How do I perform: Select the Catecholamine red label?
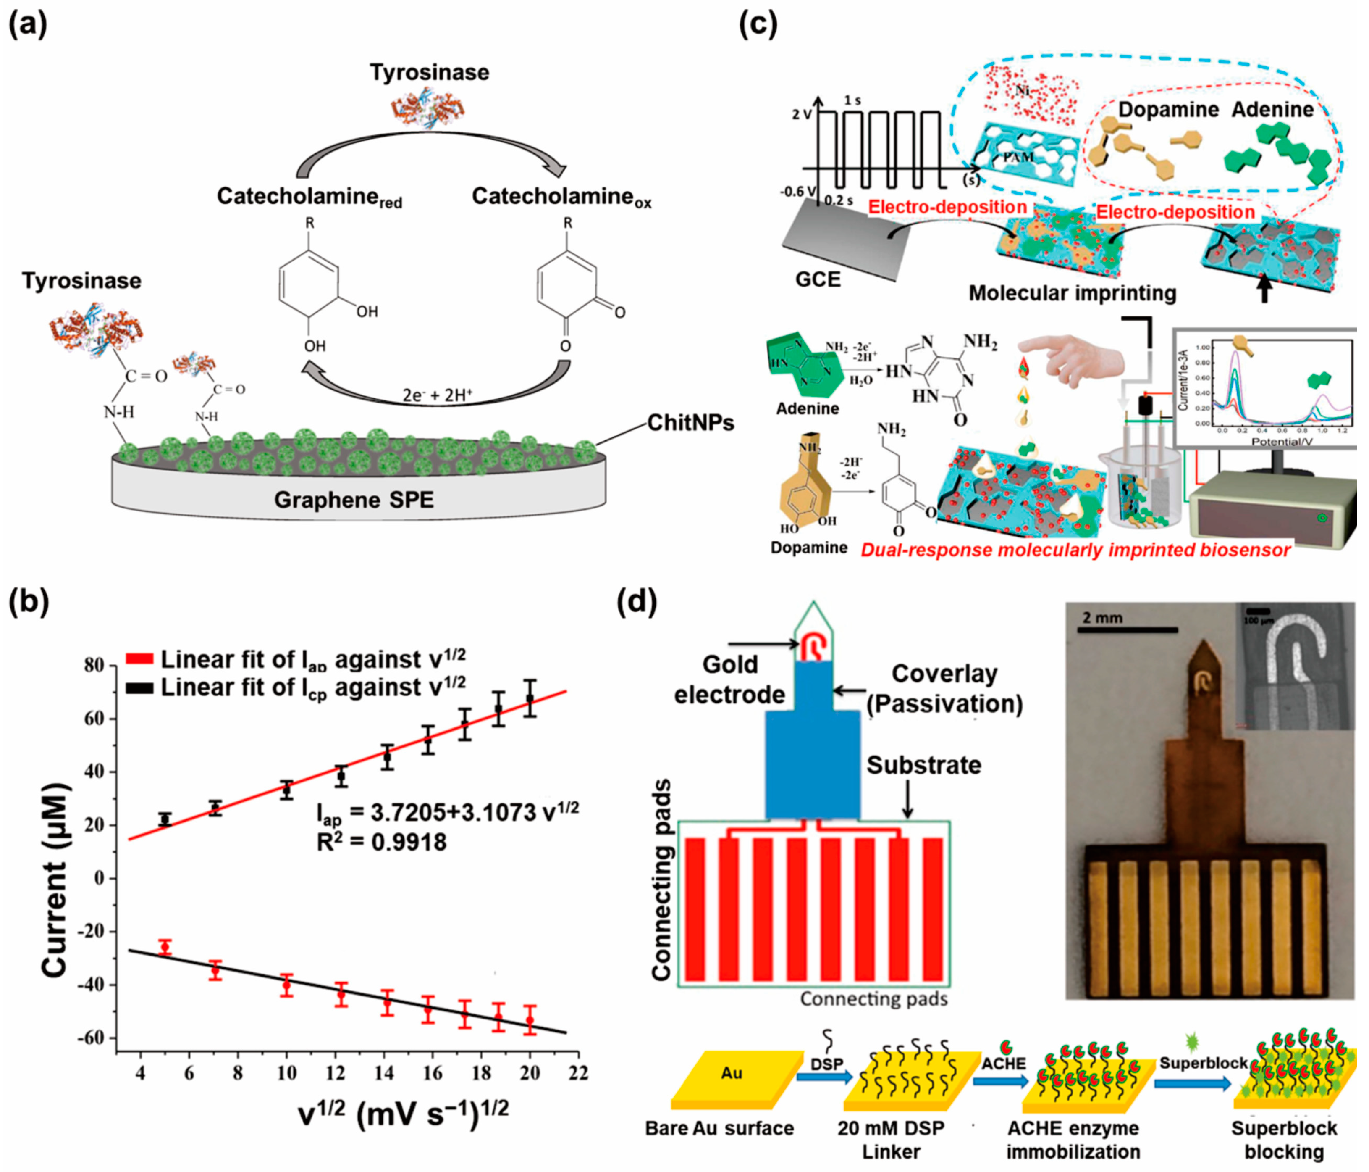click(x=309, y=197)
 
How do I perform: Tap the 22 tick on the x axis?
click(x=578, y=1072)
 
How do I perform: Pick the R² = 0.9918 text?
click(x=381, y=842)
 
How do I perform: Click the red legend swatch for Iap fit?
click(x=139, y=659)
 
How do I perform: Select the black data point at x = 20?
click(x=530, y=698)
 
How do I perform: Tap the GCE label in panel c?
click(x=818, y=279)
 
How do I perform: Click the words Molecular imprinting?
click(x=1073, y=293)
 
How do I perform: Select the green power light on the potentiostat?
click(x=1322, y=518)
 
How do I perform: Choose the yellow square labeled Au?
click(x=732, y=1074)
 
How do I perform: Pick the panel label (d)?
click(x=636, y=601)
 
